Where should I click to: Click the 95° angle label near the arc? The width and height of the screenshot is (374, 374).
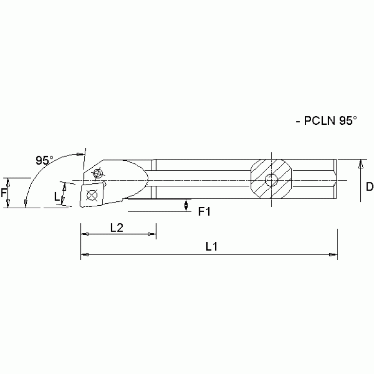44,160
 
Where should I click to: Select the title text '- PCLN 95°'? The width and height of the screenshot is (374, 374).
326,121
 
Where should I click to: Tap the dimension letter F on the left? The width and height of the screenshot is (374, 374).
4,193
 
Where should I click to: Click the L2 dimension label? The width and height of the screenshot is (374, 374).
116,228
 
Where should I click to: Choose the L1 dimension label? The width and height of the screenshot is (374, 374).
211,247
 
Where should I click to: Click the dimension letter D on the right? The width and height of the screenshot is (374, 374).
369,187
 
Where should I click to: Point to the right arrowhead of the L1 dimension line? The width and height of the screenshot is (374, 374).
332,255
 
